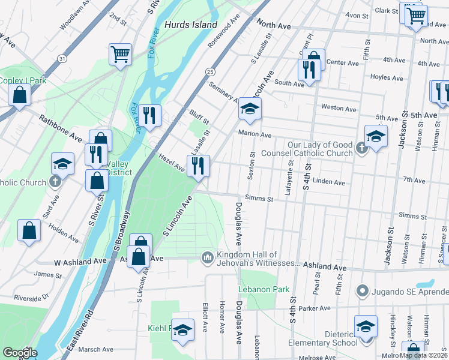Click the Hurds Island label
[190, 25]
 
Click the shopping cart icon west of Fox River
[120, 54]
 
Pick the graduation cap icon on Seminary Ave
[250, 109]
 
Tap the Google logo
[19, 353]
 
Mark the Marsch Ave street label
[95, 349]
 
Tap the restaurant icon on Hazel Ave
[198, 165]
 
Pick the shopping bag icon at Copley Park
[19, 95]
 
